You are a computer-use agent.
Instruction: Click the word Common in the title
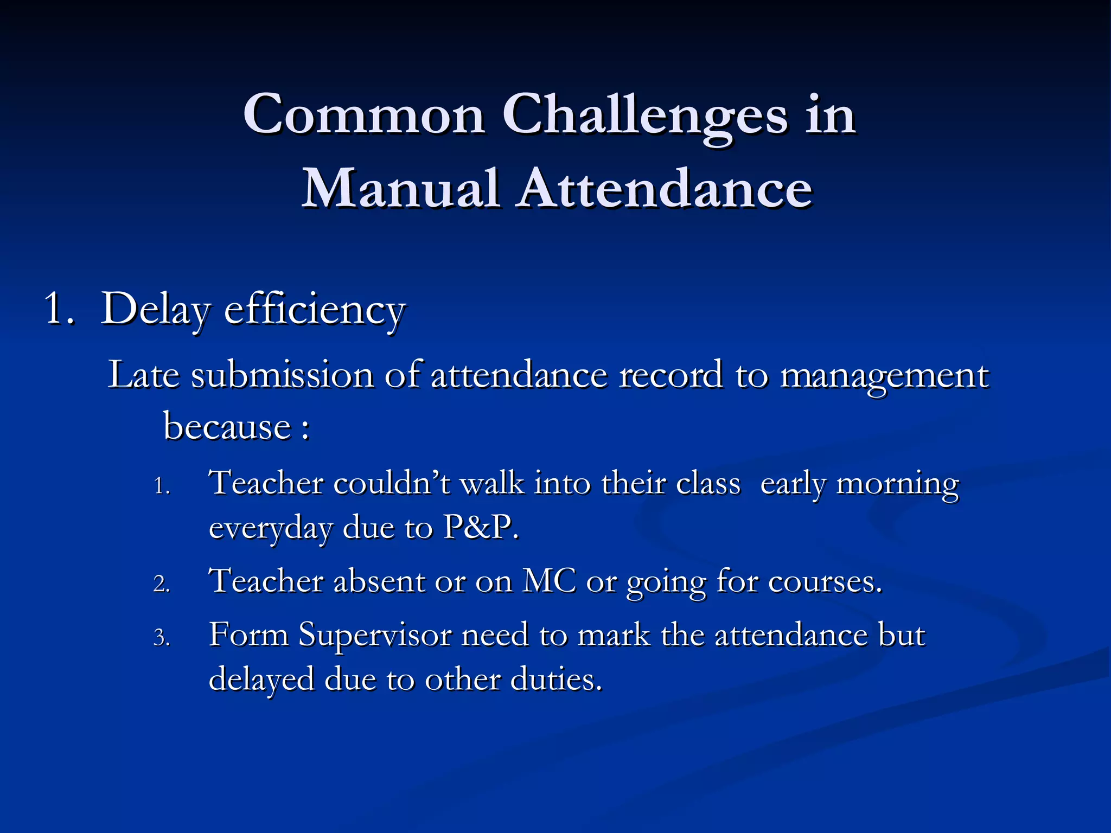(x=363, y=114)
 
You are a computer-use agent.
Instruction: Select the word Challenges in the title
(x=644, y=116)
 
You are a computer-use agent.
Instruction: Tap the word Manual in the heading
(x=400, y=189)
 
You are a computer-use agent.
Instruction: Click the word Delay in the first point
(x=155, y=310)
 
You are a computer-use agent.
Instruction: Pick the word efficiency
(x=315, y=310)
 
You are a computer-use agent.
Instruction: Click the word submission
(x=282, y=375)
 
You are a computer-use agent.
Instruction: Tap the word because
(x=227, y=426)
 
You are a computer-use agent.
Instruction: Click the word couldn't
(x=392, y=483)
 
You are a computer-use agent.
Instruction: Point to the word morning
(x=897, y=484)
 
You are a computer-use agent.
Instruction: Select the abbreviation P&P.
(x=480, y=527)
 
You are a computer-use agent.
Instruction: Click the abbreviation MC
(x=548, y=582)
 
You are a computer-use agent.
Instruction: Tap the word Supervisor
(x=375, y=636)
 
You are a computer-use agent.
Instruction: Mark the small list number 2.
(x=162, y=584)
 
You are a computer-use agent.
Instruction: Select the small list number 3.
(x=162, y=638)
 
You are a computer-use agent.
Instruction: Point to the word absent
(x=379, y=582)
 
